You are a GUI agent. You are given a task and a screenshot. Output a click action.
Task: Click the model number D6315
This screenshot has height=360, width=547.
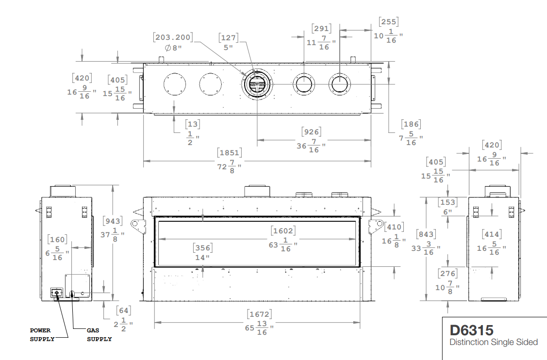click(x=471, y=330)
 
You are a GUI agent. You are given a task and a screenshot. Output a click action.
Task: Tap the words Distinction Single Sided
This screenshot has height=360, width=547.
click(x=494, y=342)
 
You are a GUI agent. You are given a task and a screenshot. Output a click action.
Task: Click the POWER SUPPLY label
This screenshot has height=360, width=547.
click(x=42, y=335)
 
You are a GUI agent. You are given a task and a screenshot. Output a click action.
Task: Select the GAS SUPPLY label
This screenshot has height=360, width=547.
click(x=99, y=335)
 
